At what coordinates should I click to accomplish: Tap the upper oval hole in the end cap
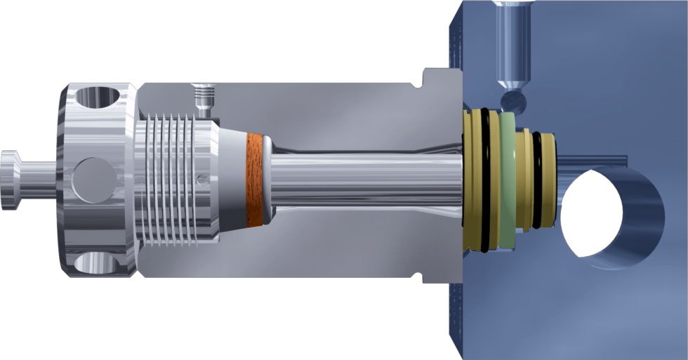99,96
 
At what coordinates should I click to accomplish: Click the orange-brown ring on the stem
254,180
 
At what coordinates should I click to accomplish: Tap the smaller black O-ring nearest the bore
537,180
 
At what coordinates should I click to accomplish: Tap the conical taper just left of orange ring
232,180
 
